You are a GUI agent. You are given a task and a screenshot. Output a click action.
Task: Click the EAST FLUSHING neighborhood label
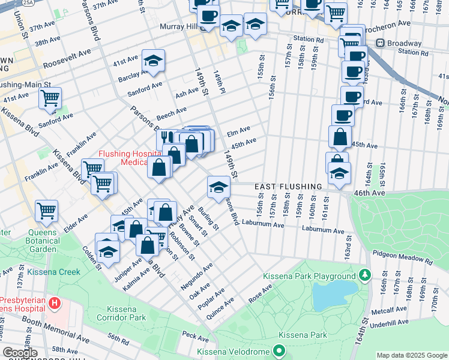289,187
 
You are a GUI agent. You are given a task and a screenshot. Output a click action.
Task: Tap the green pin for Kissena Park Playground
364,275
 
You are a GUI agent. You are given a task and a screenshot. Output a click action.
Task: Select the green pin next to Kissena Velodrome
279,350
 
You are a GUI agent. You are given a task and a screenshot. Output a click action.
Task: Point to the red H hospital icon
55,303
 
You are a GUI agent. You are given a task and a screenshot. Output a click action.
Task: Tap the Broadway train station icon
380,43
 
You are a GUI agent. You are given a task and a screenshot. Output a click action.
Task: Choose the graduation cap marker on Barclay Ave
153,60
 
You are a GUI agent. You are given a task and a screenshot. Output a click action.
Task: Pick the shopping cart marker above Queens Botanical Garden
46,211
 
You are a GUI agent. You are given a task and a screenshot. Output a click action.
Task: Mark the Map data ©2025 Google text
412,355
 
